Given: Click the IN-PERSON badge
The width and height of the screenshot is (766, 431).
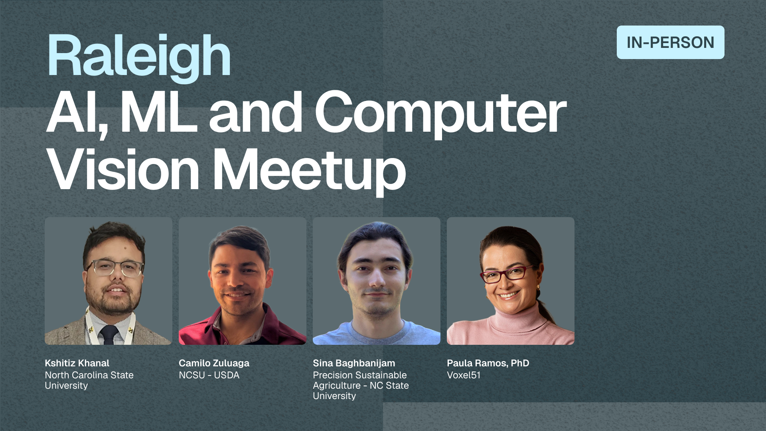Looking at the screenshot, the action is coord(670,42).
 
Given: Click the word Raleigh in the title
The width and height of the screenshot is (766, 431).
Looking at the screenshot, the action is coord(139,57).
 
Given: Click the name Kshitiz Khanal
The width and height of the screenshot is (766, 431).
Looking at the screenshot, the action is coord(77,363).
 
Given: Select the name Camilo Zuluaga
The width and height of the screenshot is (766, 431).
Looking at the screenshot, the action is coord(214,363).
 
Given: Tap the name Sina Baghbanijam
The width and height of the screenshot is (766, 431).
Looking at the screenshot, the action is coord(354,363).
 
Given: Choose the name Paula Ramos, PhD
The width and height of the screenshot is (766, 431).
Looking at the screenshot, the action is coord(488,363).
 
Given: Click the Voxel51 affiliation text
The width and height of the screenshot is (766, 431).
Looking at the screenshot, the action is coord(464,375).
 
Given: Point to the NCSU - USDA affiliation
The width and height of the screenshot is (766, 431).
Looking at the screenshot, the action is coord(209,375).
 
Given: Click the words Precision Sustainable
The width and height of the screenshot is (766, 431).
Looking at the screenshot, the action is coord(360,375).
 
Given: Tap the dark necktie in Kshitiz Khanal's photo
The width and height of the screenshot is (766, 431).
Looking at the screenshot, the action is coord(109,334).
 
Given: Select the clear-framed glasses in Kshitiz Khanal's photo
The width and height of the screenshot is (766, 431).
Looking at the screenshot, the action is coord(115,268).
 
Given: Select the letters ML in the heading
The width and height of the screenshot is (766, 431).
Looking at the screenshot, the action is coord(159,113).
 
